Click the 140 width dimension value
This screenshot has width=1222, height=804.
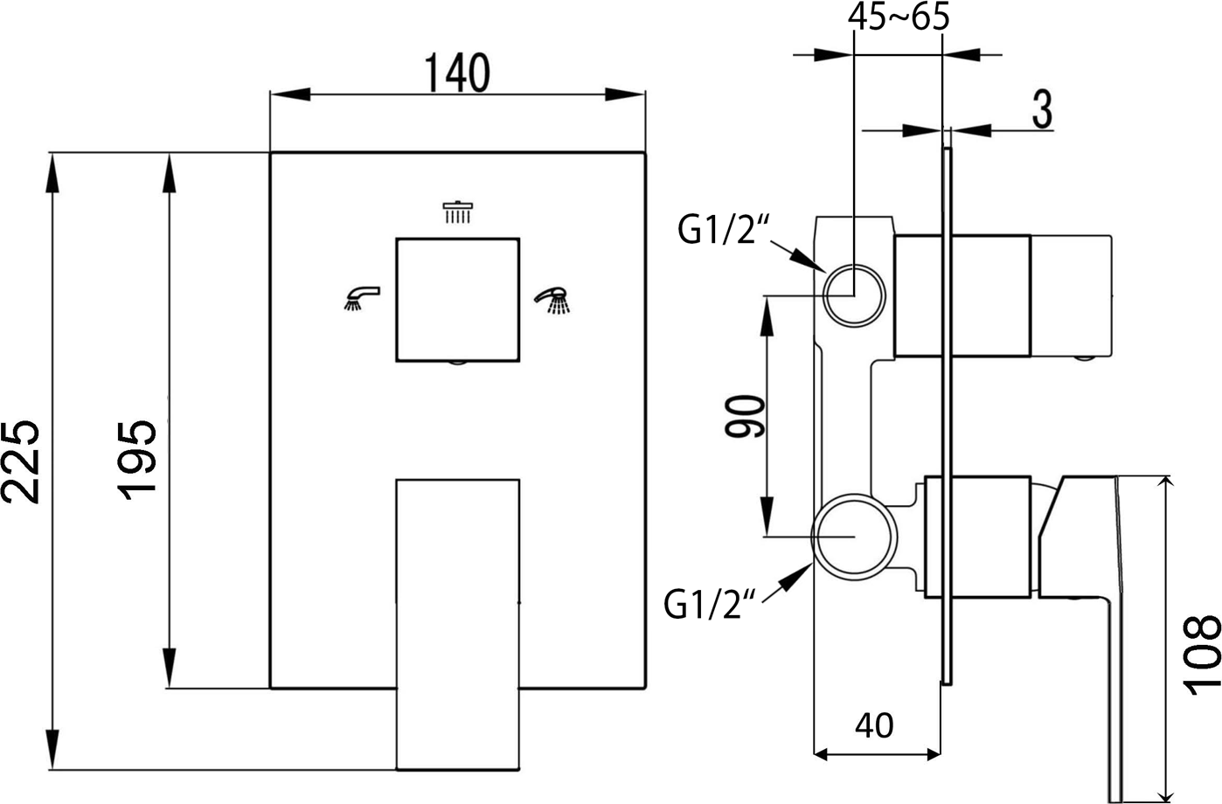(x=457, y=73)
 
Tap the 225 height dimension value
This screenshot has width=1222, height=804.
(x=21, y=461)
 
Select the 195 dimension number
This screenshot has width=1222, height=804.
(x=136, y=461)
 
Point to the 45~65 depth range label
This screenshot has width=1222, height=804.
(x=899, y=17)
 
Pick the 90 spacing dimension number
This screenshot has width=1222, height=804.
(x=745, y=417)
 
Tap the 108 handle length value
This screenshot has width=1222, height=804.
(x=1201, y=655)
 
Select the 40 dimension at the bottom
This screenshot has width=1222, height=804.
(x=874, y=725)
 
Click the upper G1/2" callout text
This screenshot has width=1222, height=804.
(x=724, y=230)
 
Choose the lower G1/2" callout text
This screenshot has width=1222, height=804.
(x=711, y=605)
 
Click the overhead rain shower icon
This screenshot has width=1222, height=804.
(x=458, y=212)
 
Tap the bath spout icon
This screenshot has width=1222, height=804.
(x=362, y=298)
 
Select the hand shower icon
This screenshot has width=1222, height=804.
(x=552, y=300)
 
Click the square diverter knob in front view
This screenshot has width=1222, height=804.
(x=457, y=300)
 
